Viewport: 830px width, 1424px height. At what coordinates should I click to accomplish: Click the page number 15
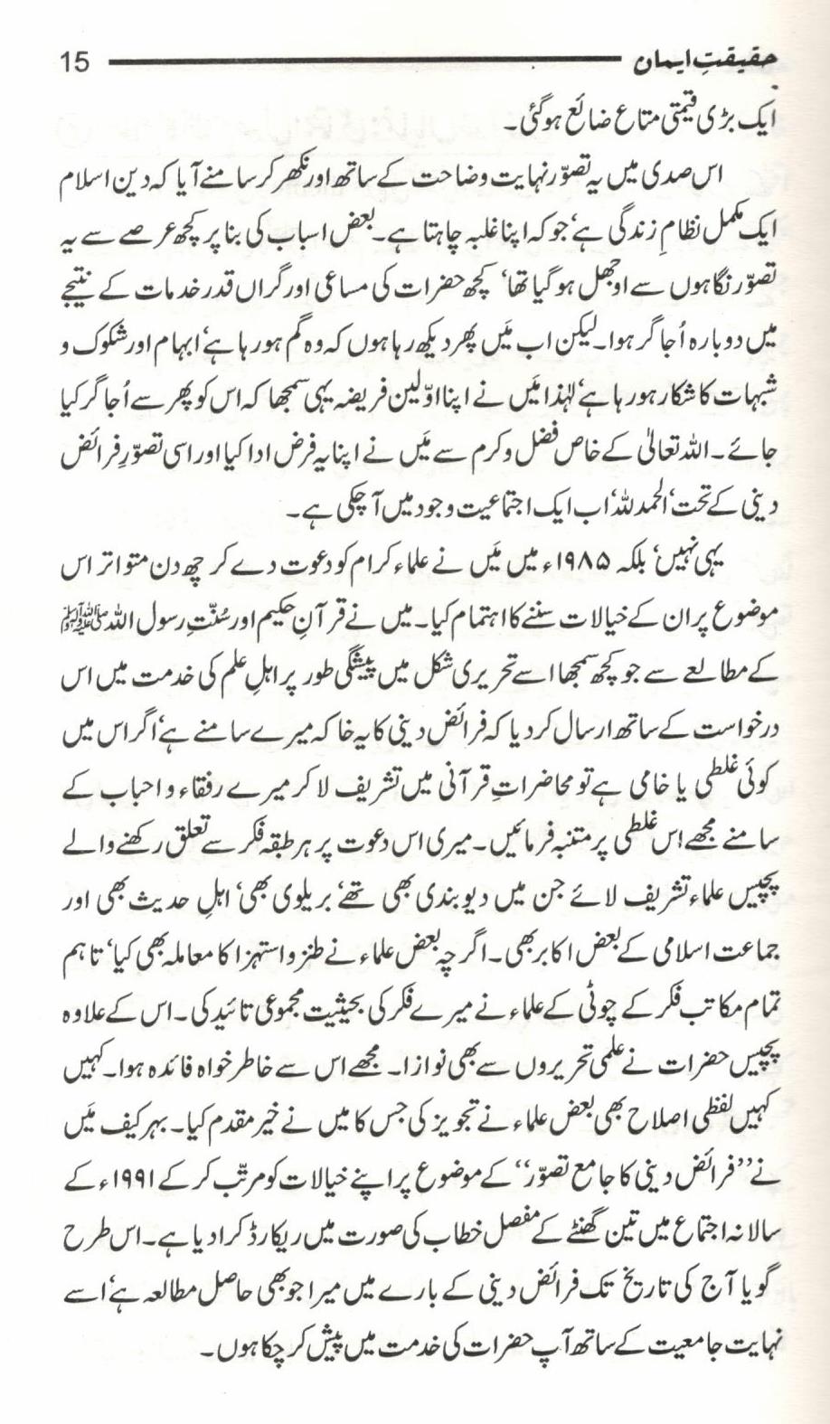[x=74, y=62]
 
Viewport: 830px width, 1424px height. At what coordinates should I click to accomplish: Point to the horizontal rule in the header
[x=362, y=63]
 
